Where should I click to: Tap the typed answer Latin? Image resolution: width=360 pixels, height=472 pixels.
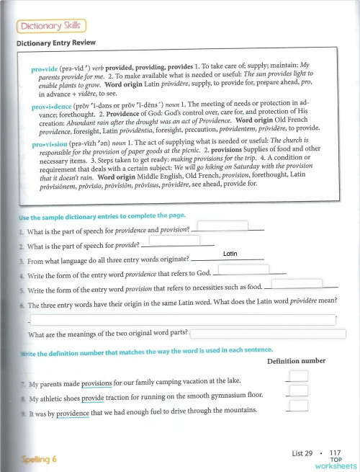point(230,254)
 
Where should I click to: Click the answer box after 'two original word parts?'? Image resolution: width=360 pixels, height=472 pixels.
point(263,332)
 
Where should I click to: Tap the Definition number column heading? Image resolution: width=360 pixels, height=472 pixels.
point(296,360)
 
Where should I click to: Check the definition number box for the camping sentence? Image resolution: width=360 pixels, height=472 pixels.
point(302,375)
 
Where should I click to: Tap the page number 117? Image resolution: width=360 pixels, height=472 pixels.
point(334,453)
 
